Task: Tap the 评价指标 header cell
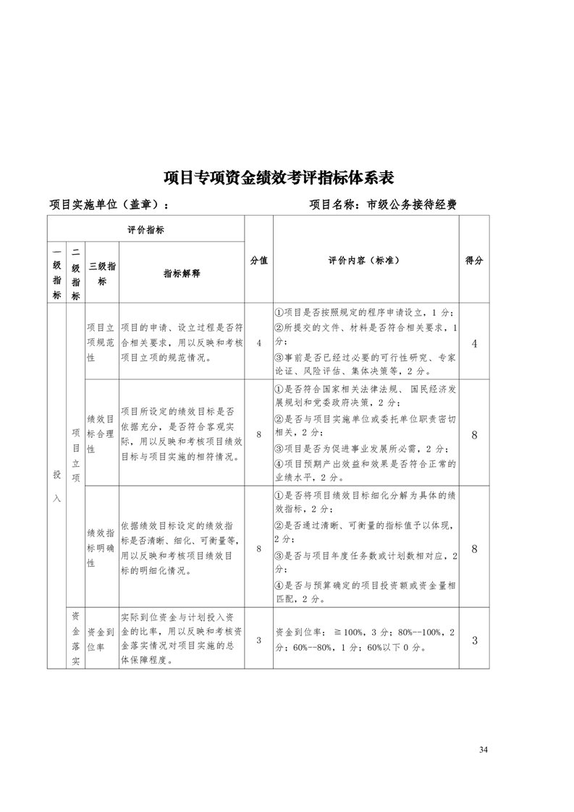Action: tap(145, 229)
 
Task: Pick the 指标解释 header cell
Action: tap(181, 274)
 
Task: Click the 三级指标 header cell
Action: tap(101, 274)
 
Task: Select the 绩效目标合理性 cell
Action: tap(101, 434)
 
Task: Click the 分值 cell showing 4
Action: tap(258, 343)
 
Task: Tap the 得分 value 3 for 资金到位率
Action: tap(474, 640)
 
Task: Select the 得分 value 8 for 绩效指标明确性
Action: tap(474, 549)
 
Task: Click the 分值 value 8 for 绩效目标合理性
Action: tap(258, 434)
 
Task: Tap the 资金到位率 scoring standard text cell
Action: tap(366, 640)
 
